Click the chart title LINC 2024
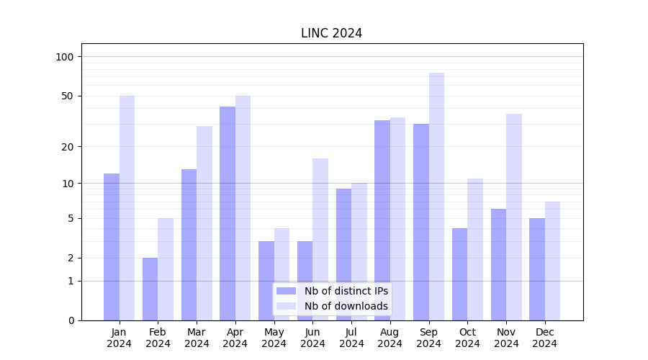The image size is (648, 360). coord(331,33)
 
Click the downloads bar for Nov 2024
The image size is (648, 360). coord(514,217)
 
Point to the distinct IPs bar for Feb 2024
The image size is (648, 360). coord(150,289)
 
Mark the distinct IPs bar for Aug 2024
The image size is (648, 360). coord(382,220)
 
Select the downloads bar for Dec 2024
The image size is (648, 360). coord(552,261)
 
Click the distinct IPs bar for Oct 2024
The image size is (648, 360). coord(459,274)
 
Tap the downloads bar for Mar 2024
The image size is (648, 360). coord(204,223)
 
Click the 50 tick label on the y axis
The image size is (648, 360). coord(67,96)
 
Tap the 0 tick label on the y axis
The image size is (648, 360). coord(71,320)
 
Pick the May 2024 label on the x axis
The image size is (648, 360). coord(274,338)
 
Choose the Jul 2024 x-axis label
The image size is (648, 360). coord(351,338)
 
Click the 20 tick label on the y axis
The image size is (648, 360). coord(67,147)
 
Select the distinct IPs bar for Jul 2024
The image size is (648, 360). coord(343,254)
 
